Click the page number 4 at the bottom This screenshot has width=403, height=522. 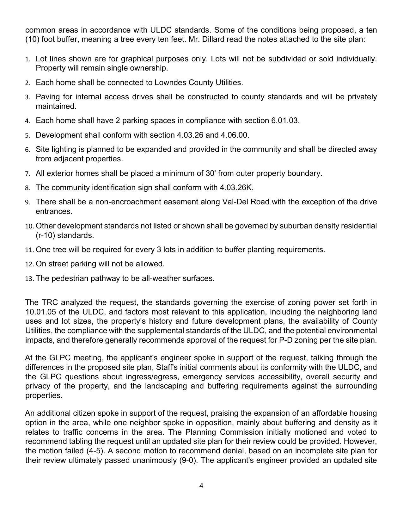(201, 486)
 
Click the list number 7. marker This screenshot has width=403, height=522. (28, 174)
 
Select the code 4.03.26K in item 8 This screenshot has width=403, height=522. (236, 188)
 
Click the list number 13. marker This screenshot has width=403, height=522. (29, 279)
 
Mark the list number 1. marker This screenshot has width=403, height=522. (28, 59)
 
